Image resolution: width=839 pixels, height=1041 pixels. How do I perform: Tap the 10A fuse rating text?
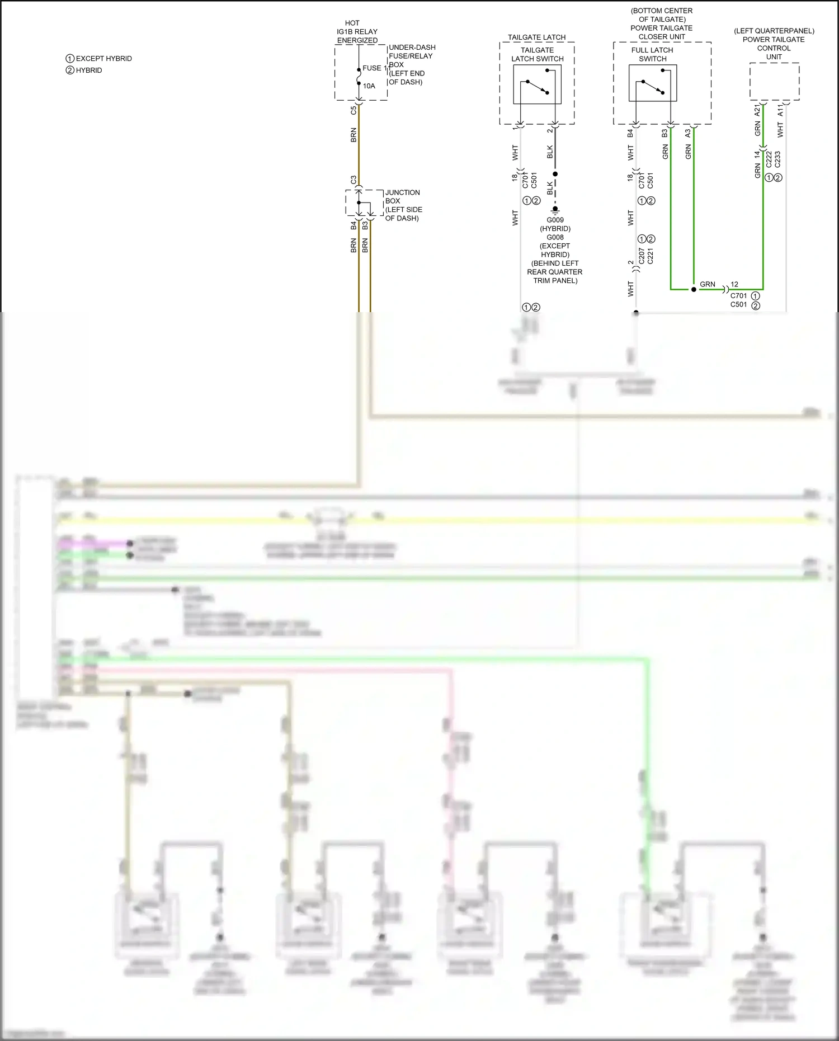[369, 86]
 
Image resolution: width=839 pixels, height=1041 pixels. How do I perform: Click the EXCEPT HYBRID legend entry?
[99, 59]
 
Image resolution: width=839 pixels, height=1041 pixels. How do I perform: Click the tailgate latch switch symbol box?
[537, 84]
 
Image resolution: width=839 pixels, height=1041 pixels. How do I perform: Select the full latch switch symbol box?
[653, 83]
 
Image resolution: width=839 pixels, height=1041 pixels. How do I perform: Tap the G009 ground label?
[555, 220]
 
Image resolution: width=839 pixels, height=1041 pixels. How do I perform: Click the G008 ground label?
[555, 238]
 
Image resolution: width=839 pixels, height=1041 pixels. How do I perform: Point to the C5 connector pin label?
[353, 111]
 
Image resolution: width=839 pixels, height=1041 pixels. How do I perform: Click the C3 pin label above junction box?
[353, 180]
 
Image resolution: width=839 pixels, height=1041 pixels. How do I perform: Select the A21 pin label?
[757, 110]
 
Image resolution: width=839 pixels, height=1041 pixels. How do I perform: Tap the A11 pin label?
[780, 110]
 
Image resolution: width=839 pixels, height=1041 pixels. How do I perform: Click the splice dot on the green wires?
[694, 290]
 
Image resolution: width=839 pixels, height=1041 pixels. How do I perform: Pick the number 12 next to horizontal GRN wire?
[734, 284]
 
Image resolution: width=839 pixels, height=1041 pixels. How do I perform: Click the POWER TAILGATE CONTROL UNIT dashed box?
[774, 82]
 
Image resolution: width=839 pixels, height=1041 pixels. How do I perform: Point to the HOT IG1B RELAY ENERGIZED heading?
[357, 32]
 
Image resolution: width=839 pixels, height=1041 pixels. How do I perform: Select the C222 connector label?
[769, 159]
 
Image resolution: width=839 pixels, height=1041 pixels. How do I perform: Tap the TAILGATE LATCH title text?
[536, 37]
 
